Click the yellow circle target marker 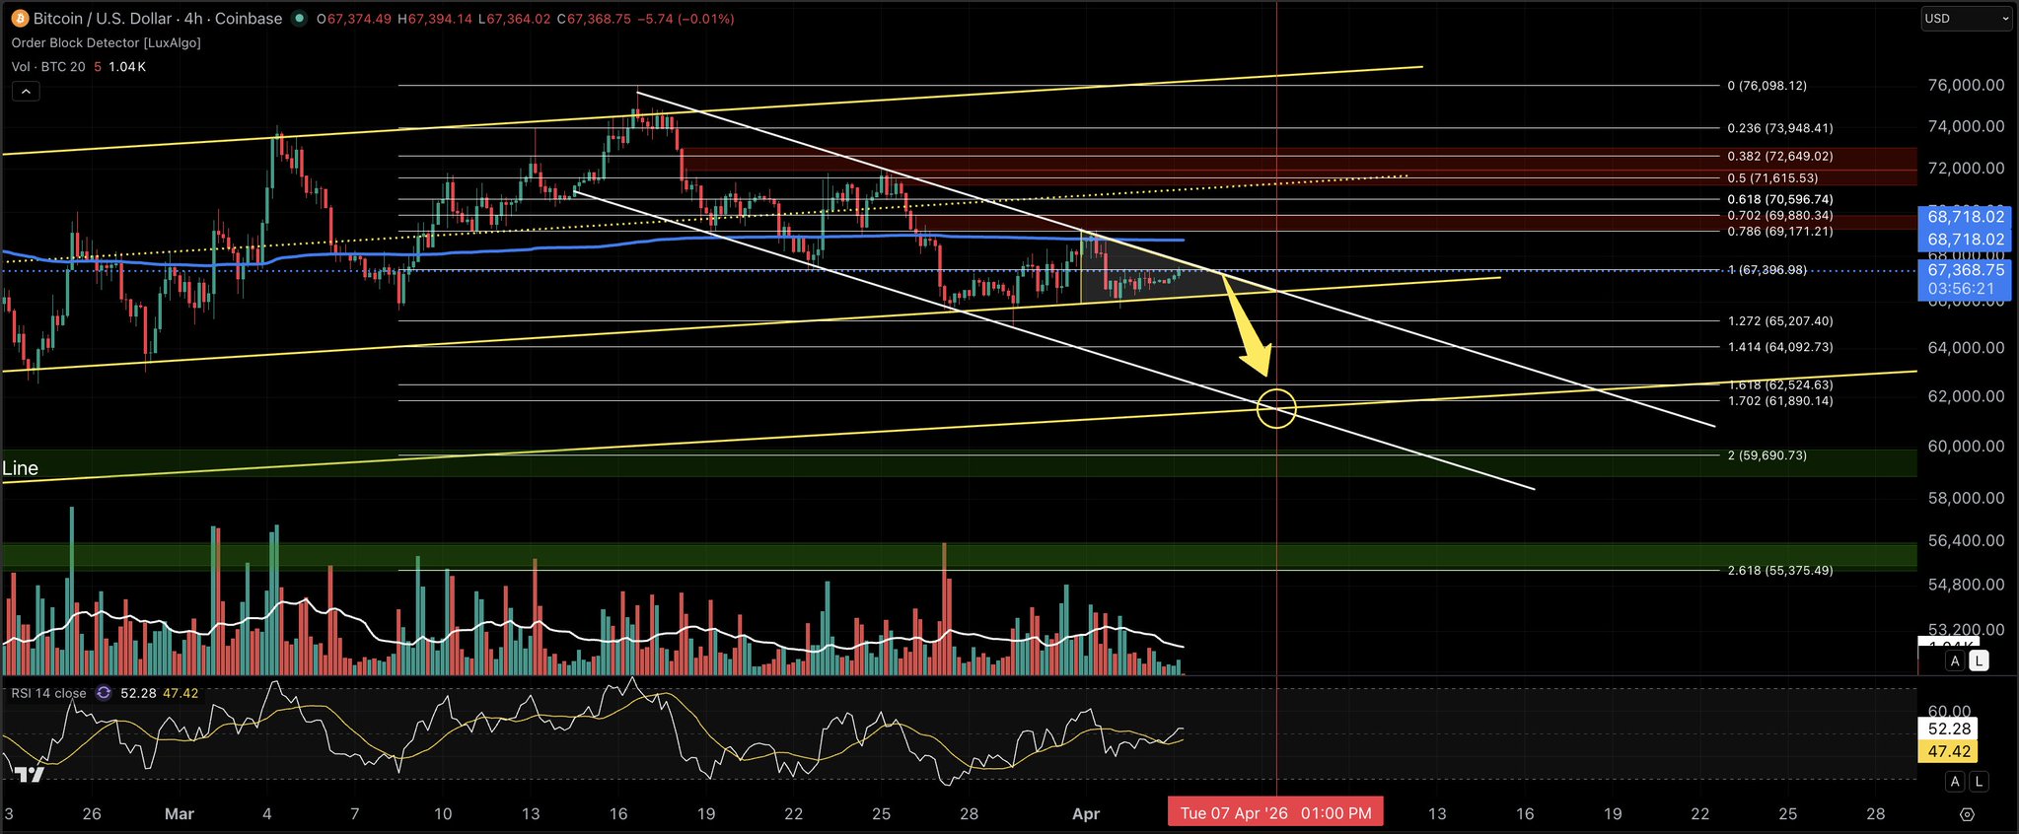coord(1276,408)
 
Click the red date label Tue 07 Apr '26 coord(1274,813)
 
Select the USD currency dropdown coord(1965,19)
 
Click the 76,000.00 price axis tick coord(1965,86)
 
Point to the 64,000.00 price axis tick coord(1965,348)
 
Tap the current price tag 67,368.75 coord(1965,270)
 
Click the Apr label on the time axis coord(1085,814)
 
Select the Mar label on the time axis coord(180,814)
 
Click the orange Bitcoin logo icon coord(18,19)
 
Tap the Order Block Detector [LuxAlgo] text coord(107,43)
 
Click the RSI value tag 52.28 coord(1949,729)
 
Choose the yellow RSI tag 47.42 coord(1949,751)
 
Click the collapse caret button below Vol coord(26,92)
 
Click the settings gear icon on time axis coord(1967,814)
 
